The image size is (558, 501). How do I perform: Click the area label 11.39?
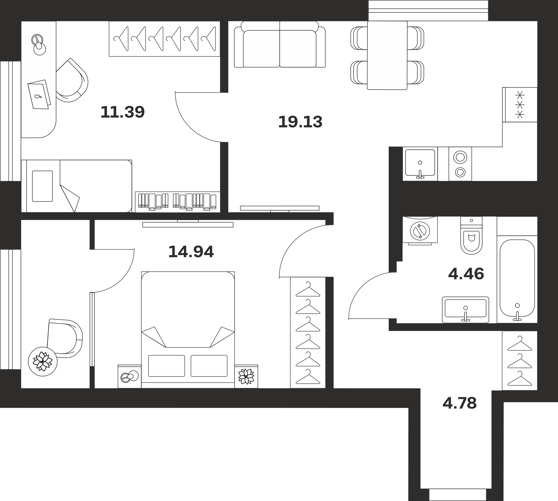(122, 112)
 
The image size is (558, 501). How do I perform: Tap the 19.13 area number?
(300, 122)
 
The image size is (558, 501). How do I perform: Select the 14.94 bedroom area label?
(191, 252)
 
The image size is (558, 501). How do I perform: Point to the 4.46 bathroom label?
(466, 274)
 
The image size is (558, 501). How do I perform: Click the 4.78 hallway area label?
(460, 403)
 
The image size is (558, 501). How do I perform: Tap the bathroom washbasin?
(466, 310)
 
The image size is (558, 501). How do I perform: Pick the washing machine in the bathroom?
(420, 230)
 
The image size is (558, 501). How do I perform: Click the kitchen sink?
(420, 164)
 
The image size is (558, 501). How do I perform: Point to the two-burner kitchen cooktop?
(460, 164)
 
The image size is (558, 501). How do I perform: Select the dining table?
(387, 55)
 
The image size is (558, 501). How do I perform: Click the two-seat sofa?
(280, 44)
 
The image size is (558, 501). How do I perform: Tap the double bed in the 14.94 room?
(188, 330)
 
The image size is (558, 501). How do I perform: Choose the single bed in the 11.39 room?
(76, 186)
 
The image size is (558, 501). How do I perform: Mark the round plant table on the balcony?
(43, 361)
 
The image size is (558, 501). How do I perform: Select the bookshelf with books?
(178, 202)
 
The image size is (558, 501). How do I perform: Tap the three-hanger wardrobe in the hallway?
(519, 361)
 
